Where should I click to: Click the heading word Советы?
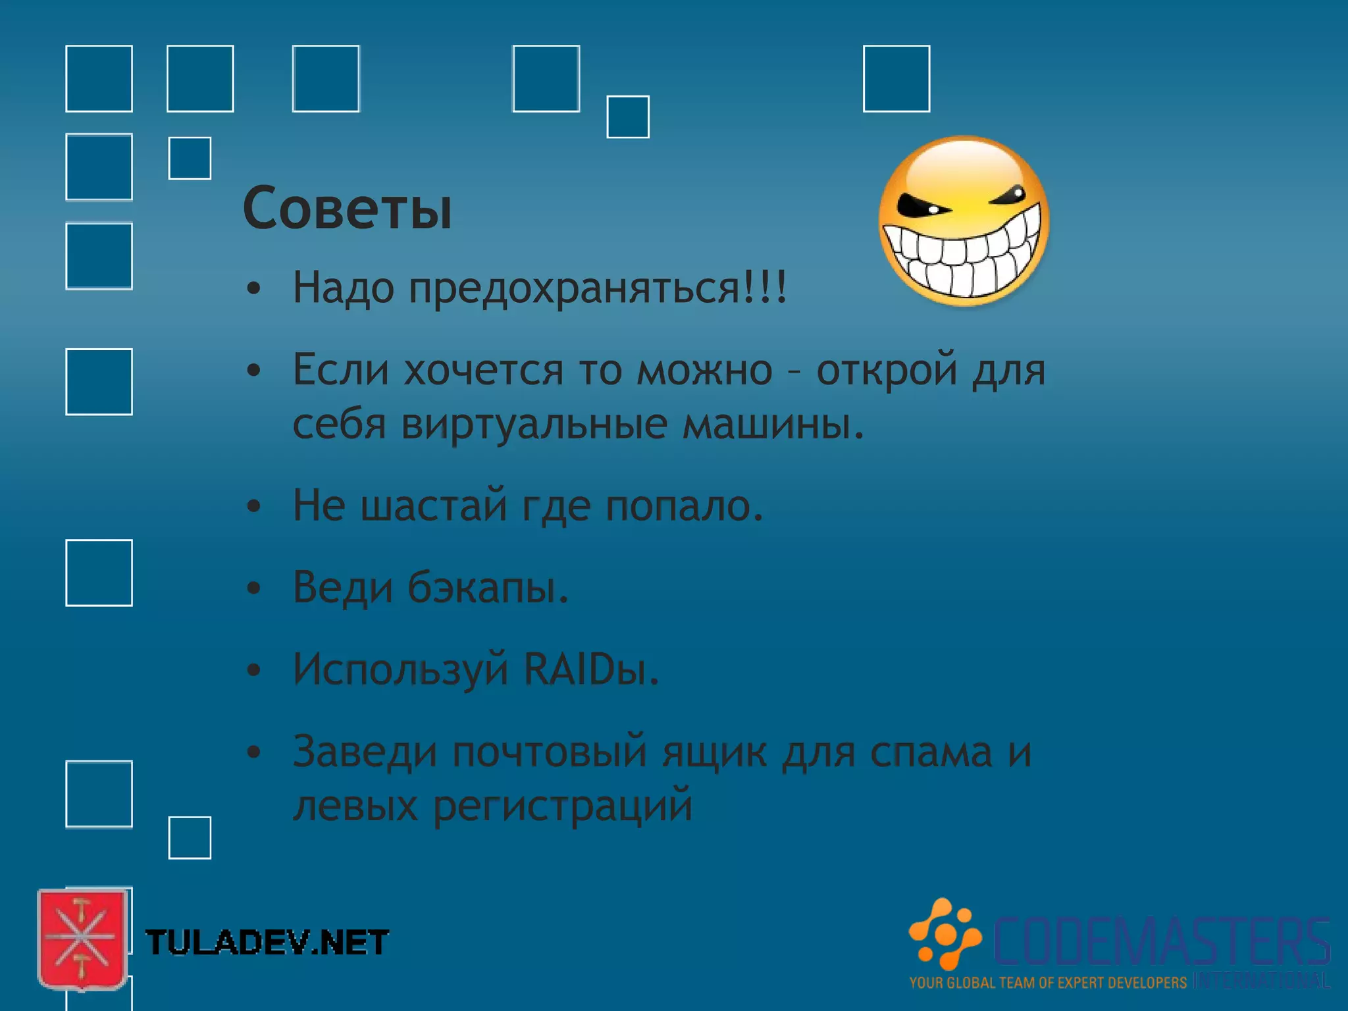(x=347, y=209)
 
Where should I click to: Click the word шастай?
(x=434, y=505)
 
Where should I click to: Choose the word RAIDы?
(x=590, y=669)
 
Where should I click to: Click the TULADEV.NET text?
(x=267, y=943)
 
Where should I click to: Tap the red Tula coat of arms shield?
(x=82, y=939)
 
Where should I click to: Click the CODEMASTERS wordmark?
(x=1161, y=941)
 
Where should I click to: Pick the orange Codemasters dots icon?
(x=945, y=933)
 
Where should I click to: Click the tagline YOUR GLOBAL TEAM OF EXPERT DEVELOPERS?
(x=1048, y=983)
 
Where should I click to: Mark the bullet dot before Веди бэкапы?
(x=254, y=588)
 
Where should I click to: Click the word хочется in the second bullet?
(x=484, y=370)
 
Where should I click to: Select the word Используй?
(x=401, y=669)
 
